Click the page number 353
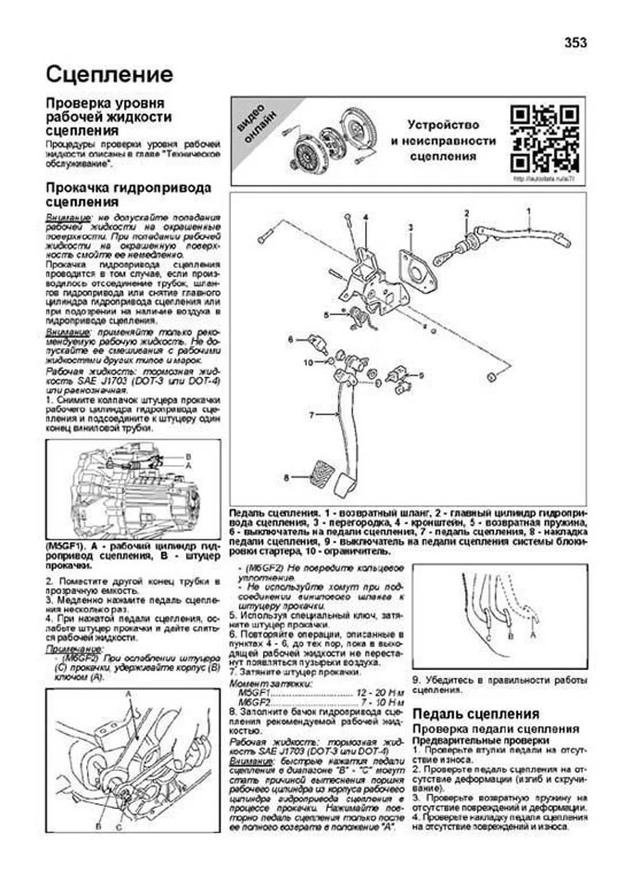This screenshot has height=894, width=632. [x=575, y=43]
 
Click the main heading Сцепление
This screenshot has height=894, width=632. [x=109, y=74]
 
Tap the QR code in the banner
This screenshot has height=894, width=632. [x=545, y=140]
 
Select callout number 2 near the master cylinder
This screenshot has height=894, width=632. [x=466, y=213]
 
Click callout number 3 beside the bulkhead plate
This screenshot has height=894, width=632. [x=410, y=228]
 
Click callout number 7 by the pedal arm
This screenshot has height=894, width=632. [x=311, y=415]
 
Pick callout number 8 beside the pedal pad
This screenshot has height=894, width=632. [x=287, y=478]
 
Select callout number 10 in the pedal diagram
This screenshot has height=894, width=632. [x=308, y=362]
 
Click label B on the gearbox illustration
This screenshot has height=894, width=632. [x=188, y=456]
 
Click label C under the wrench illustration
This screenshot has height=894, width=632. [x=119, y=828]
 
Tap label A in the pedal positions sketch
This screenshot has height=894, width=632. [x=534, y=636]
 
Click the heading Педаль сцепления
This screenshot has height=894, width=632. [x=476, y=714]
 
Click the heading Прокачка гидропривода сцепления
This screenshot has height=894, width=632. [x=128, y=194]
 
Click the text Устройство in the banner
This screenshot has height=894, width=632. [x=443, y=125]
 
